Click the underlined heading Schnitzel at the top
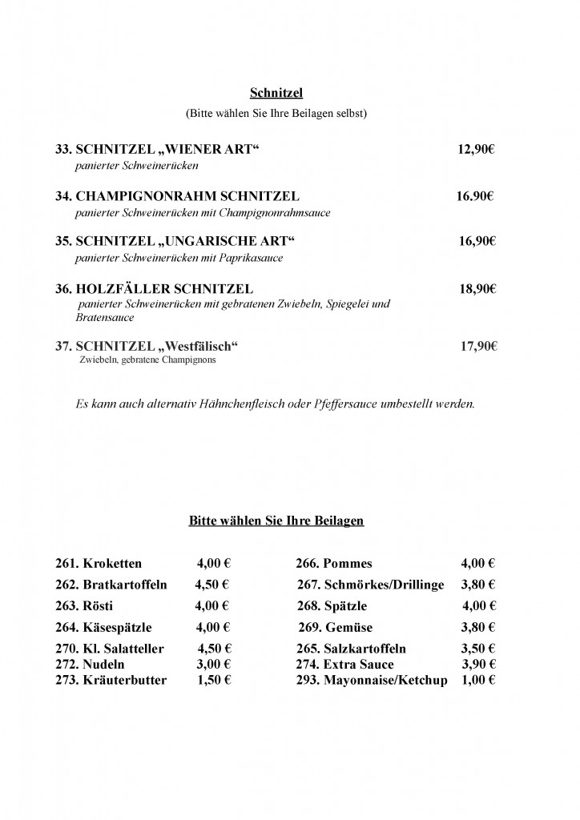[276, 96]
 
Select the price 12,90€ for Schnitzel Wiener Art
[477, 150]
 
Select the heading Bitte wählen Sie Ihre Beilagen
[276, 521]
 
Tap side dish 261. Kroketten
[99, 564]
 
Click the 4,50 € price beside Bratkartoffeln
[213, 585]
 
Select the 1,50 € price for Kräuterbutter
[214, 680]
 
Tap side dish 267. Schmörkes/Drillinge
[370, 585]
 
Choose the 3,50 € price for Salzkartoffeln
[477, 649]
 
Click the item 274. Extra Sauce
[344, 664]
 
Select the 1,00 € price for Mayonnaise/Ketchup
[477, 680]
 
